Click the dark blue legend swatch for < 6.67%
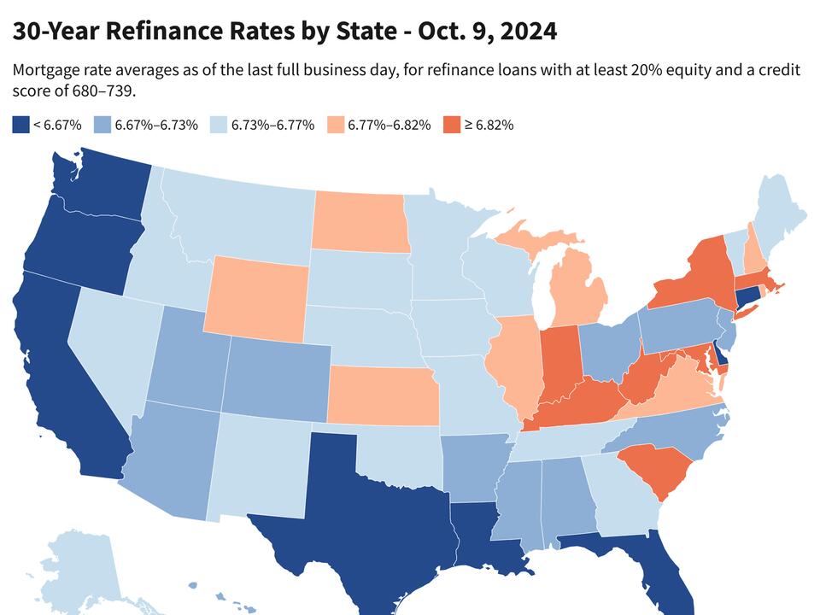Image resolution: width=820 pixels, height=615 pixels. tap(20, 125)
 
